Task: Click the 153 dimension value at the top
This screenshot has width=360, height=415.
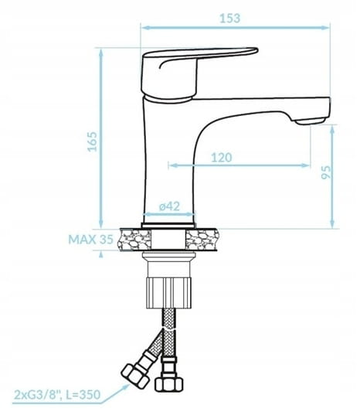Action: (x=230, y=19)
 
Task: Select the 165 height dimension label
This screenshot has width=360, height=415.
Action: (x=92, y=141)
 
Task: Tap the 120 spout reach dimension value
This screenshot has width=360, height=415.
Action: (x=222, y=158)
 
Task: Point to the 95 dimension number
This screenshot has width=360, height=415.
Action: (x=326, y=172)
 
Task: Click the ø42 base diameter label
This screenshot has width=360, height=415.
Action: (x=169, y=206)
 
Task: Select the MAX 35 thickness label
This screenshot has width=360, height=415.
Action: (x=90, y=240)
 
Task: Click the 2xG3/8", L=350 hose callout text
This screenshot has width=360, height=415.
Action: (x=57, y=395)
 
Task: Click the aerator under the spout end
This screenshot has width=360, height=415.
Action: (x=310, y=121)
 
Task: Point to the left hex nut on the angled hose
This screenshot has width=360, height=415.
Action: (x=134, y=376)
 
